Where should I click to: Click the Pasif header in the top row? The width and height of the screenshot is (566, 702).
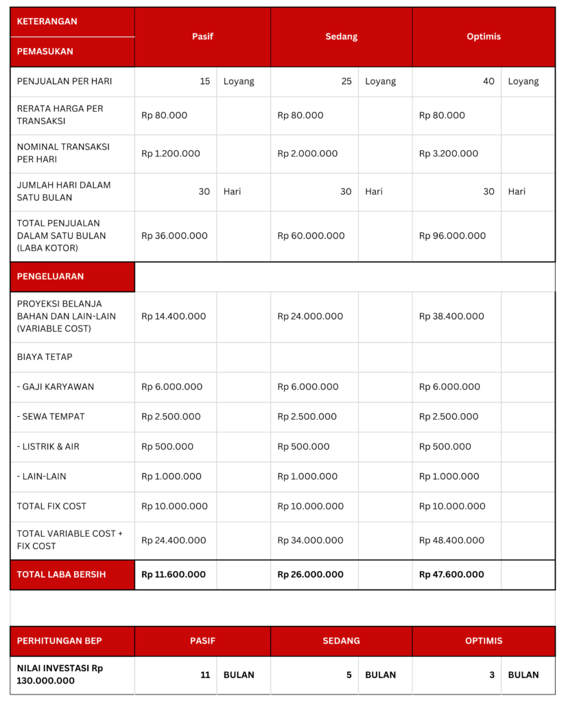[x=202, y=36]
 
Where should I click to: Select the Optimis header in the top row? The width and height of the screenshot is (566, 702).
[x=484, y=36]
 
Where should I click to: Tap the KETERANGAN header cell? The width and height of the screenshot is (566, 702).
[x=47, y=21]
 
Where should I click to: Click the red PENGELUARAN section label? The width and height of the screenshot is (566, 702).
[x=50, y=276]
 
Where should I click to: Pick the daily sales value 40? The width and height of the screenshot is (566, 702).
[x=488, y=81]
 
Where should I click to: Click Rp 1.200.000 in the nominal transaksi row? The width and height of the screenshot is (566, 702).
[x=171, y=154]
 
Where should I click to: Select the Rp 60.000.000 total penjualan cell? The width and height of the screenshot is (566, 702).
[x=311, y=235]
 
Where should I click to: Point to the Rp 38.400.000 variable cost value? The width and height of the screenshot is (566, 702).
[x=451, y=316]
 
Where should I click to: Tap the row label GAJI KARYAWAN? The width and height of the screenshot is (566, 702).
[x=56, y=387]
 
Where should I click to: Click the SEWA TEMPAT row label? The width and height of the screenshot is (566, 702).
[x=52, y=416]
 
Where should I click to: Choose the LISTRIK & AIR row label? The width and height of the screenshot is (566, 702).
[x=48, y=446]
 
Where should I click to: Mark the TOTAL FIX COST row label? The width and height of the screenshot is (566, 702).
[x=52, y=506]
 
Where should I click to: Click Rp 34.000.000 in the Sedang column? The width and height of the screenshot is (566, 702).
[x=310, y=540]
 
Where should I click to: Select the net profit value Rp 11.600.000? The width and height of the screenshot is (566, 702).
[x=174, y=574]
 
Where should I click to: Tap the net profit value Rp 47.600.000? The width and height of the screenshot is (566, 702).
[x=451, y=574]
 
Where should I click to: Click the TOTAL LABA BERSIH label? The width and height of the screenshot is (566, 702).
[x=62, y=574]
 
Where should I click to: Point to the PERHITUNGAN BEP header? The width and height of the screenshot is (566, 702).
[x=59, y=641]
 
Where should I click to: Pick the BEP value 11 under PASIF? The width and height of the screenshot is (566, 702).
[x=205, y=675]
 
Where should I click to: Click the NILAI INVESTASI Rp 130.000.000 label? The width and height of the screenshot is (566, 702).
[x=60, y=674]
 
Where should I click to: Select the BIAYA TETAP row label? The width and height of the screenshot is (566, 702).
[x=45, y=356]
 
